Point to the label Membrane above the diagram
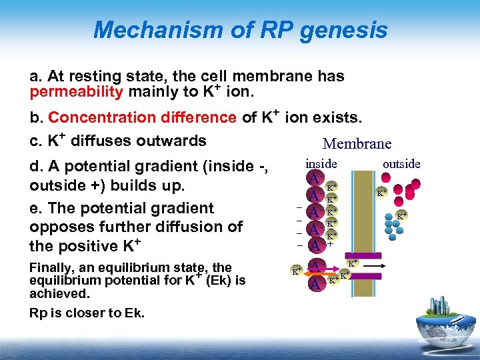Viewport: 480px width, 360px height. (357, 143)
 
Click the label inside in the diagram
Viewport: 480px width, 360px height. (321, 163)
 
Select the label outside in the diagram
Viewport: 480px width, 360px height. (401, 163)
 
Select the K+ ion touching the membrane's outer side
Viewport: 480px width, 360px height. (381, 193)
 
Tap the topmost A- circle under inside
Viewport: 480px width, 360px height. (313, 179)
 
